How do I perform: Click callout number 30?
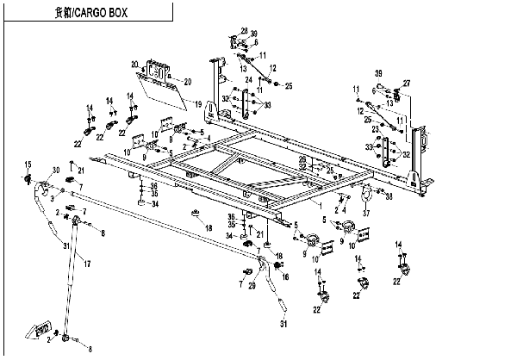click(57, 169)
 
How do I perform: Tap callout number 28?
click(244, 30)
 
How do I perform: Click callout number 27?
click(408, 83)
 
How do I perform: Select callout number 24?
click(248, 80)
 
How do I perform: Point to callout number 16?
click(285, 276)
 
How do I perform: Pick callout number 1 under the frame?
click(321, 210)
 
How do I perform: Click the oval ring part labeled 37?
click(365, 189)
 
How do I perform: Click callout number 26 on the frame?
click(302, 158)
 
